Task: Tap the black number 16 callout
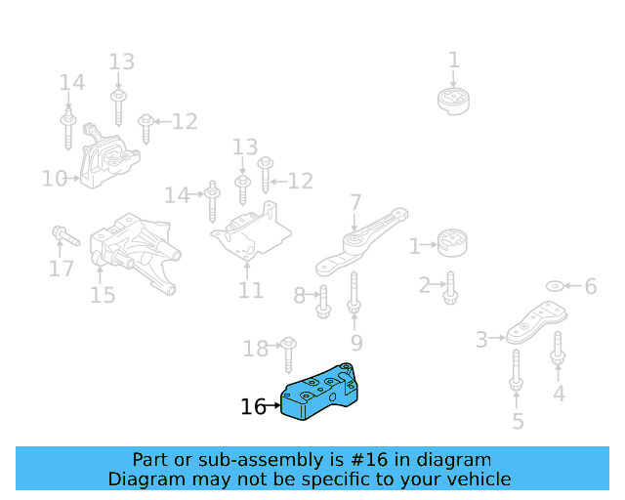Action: click(x=253, y=407)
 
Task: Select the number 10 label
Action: click(x=54, y=179)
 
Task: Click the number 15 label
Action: click(x=103, y=294)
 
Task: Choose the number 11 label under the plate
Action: click(x=250, y=290)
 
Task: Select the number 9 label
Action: click(x=356, y=342)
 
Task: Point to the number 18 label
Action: click(x=255, y=349)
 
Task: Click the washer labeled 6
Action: click(x=554, y=285)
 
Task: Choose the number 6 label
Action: click(x=590, y=286)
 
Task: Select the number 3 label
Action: click(x=481, y=340)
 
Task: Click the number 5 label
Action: click(x=518, y=421)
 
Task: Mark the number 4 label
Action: click(x=559, y=394)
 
